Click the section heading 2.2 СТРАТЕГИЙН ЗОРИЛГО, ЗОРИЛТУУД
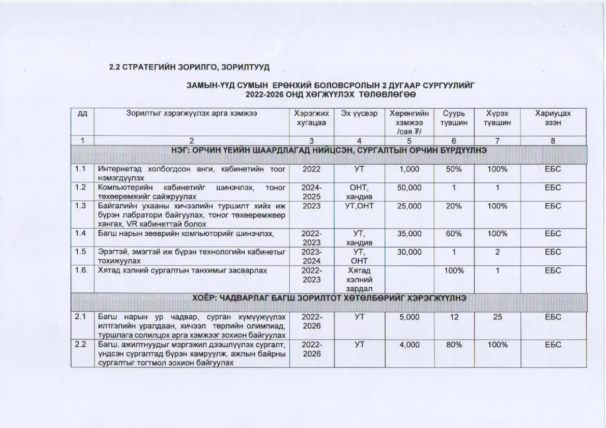tap(189, 67)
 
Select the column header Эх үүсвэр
tap(359, 113)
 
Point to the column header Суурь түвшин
tap(454, 118)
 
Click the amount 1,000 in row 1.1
tap(410, 169)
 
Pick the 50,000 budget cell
tap(410, 188)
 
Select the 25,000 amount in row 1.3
tap(410, 206)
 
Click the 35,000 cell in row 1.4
tap(410, 234)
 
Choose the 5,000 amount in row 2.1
tap(410, 317)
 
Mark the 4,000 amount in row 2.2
tap(410, 345)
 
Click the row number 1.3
tap(80, 206)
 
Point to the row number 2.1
tap(80, 317)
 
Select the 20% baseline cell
tap(454, 206)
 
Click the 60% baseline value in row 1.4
tap(454, 234)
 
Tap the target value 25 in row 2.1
tap(497, 317)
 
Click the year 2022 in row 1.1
tap(311, 169)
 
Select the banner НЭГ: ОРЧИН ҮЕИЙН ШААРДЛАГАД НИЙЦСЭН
tap(329, 151)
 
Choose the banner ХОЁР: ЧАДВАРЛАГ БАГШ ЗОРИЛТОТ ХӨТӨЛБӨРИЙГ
tap(329, 298)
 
